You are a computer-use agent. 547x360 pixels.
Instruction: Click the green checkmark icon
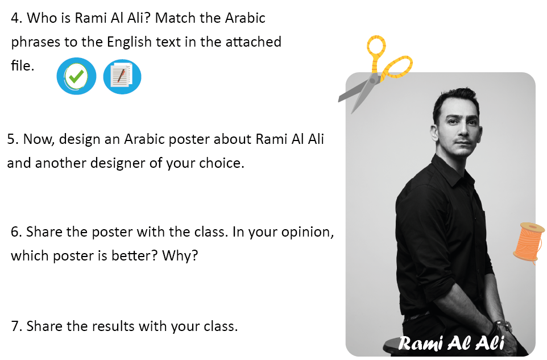tap(76, 76)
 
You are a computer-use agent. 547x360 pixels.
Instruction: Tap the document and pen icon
tap(122, 76)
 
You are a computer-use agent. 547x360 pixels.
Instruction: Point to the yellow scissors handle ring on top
tap(376, 47)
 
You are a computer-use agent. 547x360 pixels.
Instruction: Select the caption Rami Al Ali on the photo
tap(451, 343)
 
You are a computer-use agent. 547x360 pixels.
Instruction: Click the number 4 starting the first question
tap(15, 18)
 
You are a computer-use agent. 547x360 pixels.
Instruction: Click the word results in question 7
tap(113, 326)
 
